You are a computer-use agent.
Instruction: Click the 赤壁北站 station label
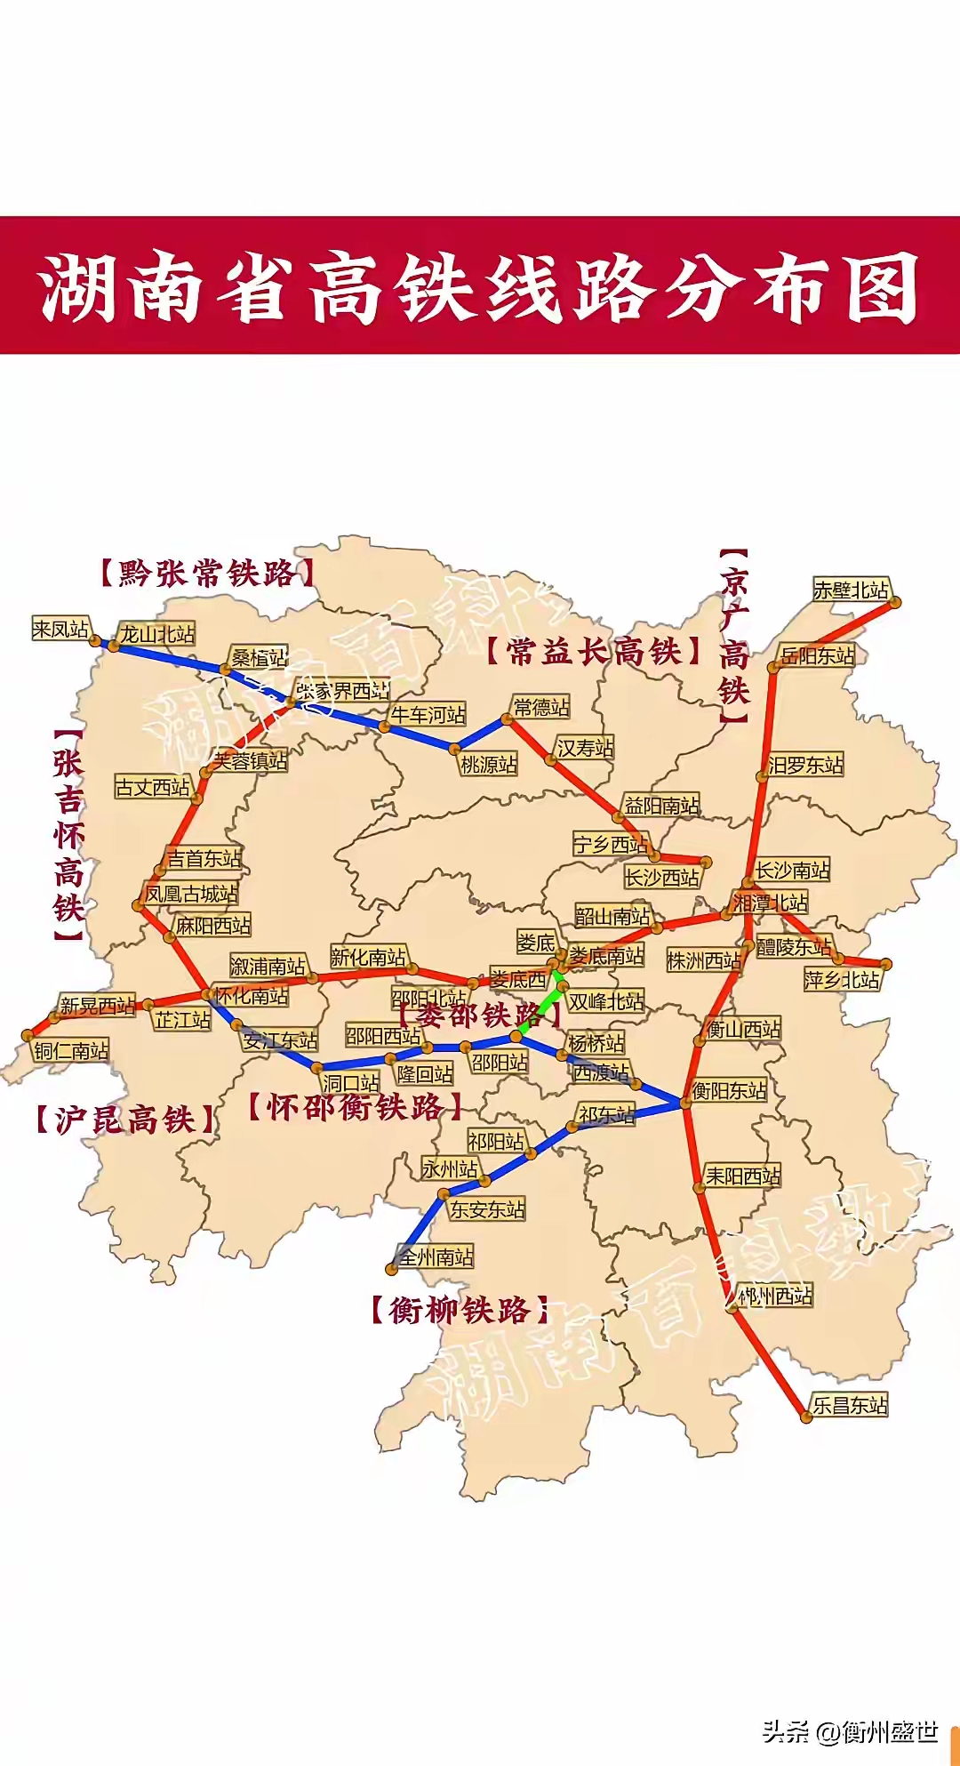tap(851, 590)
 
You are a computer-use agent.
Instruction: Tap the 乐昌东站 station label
tap(850, 1405)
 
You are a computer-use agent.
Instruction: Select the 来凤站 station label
tap(60, 630)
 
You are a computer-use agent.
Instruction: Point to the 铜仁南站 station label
tap(71, 1051)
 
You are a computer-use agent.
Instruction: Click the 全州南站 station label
tap(436, 1256)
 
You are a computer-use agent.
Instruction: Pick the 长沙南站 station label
tap(792, 870)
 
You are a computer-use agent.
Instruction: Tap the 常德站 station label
tap(541, 708)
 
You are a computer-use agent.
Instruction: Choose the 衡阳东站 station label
tap(729, 1090)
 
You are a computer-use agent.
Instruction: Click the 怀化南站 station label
tap(252, 996)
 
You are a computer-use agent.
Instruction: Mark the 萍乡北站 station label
tap(842, 980)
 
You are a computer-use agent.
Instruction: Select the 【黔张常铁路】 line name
tap(206, 574)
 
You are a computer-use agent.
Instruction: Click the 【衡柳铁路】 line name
tap(459, 1310)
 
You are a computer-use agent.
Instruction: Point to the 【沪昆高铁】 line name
tap(124, 1120)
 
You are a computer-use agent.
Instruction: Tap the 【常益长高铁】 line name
tap(594, 652)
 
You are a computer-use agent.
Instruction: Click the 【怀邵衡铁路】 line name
tap(355, 1108)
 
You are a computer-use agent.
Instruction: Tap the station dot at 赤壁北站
tap(895, 602)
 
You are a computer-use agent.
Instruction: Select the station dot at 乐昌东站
tap(806, 1417)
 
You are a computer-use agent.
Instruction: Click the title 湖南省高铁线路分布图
tap(480, 287)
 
